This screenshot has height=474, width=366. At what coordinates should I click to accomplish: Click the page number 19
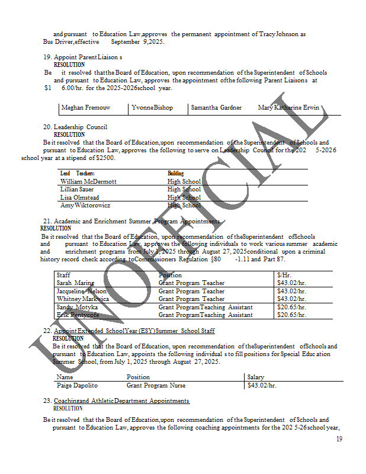[339, 439]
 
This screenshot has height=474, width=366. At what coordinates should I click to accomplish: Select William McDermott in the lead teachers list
[88, 181]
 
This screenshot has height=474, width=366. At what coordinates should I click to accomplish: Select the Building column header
[175, 173]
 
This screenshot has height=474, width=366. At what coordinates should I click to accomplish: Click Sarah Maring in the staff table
[75, 283]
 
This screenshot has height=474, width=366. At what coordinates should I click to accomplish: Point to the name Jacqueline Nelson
[82, 291]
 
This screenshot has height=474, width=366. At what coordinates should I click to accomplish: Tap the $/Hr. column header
[285, 275]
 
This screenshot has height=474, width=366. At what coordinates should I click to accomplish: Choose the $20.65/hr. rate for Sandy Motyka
[291, 307]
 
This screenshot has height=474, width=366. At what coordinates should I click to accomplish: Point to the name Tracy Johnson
[282, 34]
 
